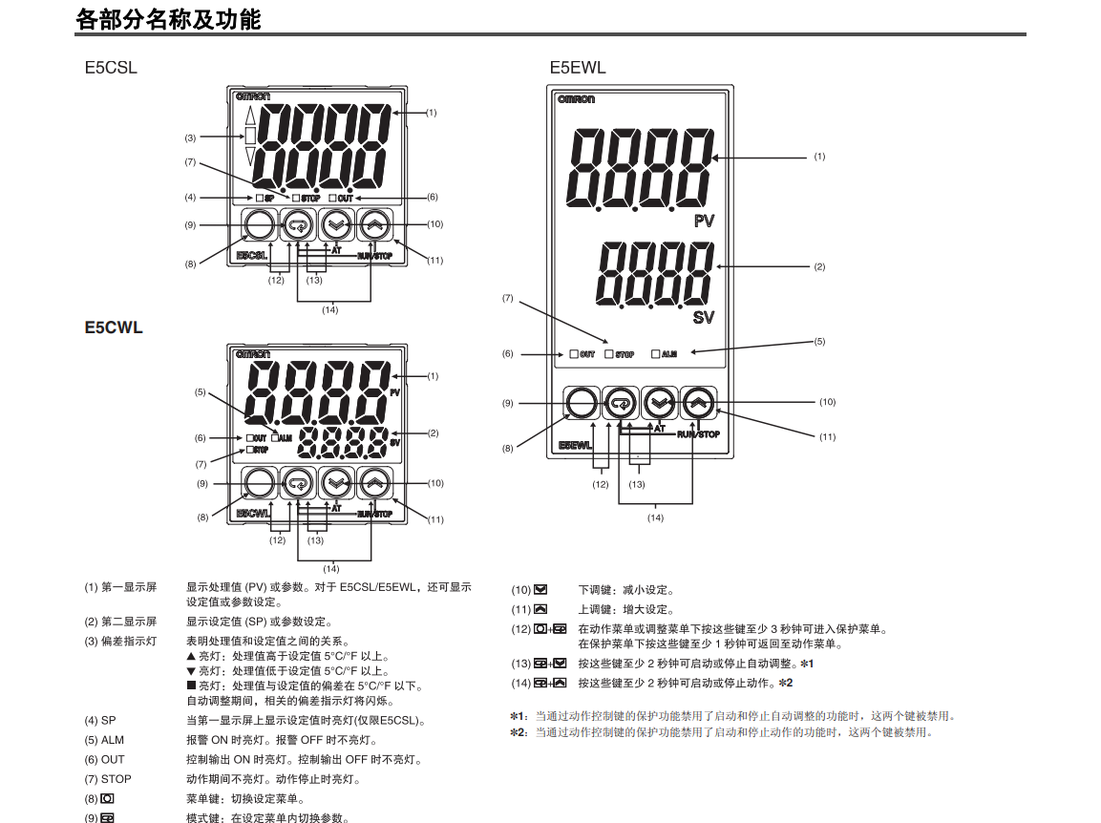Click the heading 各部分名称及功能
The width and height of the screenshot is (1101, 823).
pos(168,19)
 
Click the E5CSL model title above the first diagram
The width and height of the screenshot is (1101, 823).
pos(111,68)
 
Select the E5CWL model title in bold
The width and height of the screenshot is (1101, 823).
pos(114,327)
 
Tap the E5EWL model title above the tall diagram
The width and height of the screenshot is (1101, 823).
pos(577,68)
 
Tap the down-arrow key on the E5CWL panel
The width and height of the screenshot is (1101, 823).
pos(335,484)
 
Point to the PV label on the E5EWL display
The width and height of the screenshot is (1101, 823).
pos(704,222)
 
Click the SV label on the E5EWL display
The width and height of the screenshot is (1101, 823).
pos(704,316)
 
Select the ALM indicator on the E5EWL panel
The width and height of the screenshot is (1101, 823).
pos(665,354)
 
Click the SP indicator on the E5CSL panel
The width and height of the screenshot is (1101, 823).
pos(265,198)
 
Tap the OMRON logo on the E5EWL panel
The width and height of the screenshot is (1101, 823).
pos(576,99)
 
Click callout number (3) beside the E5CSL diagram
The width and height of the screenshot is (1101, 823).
pos(190,137)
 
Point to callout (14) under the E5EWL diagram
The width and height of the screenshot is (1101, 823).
pos(655,517)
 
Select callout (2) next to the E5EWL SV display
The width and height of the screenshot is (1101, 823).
pos(819,266)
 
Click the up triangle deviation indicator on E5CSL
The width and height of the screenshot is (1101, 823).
pos(251,115)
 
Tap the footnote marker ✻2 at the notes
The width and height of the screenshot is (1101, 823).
pos(519,732)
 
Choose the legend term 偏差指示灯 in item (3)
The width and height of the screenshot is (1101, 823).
pos(129,642)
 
